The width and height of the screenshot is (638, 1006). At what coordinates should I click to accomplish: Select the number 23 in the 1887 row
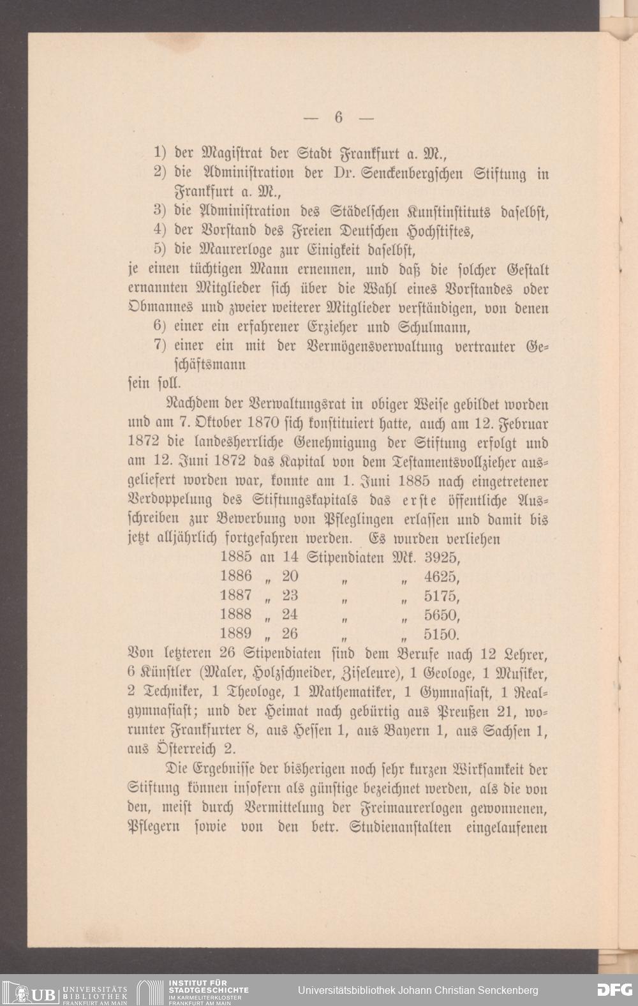click(290, 596)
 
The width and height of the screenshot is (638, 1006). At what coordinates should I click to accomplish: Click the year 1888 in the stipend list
click(236, 615)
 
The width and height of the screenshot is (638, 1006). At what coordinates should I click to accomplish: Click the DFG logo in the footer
click(614, 990)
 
